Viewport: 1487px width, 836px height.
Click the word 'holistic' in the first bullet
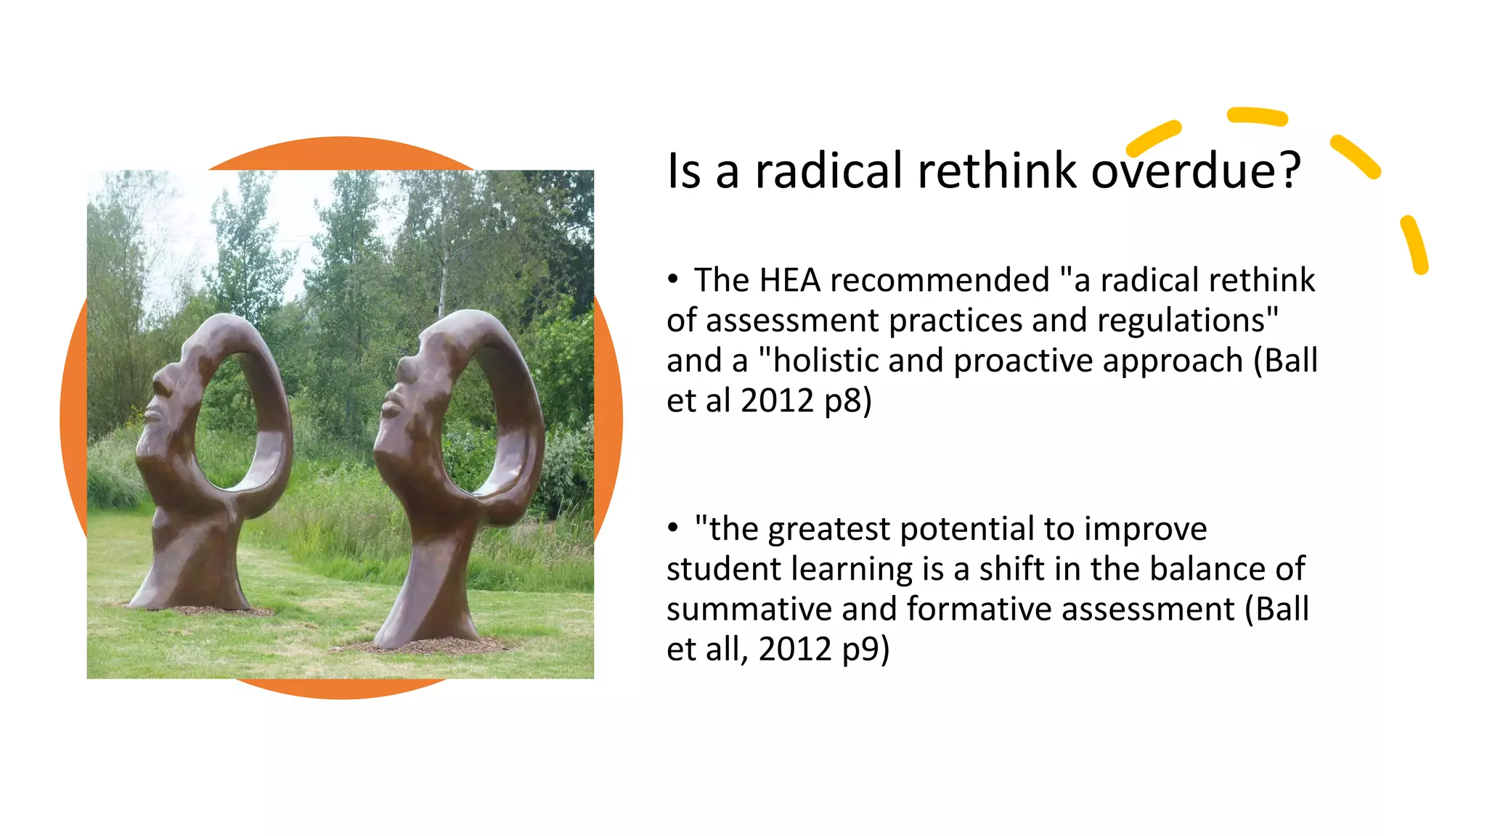pos(817,361)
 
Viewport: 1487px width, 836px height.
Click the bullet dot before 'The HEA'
pos(673,279)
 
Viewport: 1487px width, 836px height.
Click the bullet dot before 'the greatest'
pos(673,528)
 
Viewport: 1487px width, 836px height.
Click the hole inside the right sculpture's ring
pos(479,421)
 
